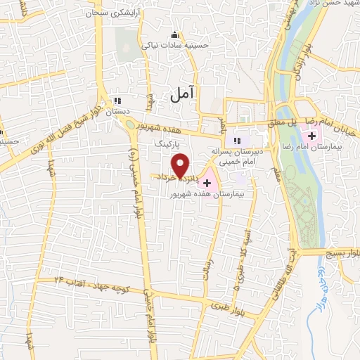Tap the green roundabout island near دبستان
coord(131,124)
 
